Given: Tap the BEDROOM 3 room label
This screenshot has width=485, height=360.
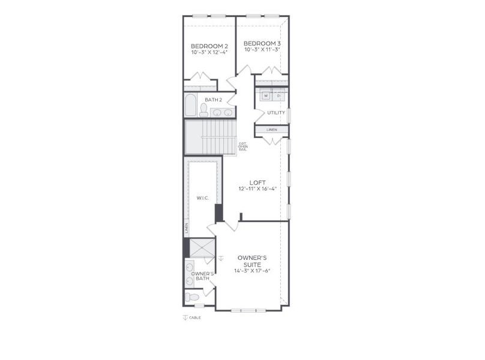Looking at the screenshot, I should coord(262,43).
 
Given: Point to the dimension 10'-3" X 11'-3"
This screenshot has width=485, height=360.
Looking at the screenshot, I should coord(262,50).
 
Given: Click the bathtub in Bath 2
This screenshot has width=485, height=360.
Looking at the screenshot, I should coord(190,105).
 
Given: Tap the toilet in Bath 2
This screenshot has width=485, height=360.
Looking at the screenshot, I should coord(203,110).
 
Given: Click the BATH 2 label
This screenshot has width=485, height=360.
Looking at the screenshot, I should coord(213,100).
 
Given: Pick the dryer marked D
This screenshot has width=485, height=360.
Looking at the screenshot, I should coord(279,95).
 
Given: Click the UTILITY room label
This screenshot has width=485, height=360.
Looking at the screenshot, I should coord(276,113).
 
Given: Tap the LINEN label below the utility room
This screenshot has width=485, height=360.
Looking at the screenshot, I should coord(272,130).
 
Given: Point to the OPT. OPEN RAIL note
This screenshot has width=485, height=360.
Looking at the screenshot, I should coord(242,146).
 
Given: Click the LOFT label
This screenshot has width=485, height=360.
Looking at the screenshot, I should coord(257,182).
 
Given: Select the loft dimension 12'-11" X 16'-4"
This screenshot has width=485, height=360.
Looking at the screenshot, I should coord(257,188).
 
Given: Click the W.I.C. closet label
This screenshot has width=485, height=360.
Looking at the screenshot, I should coord(202,198).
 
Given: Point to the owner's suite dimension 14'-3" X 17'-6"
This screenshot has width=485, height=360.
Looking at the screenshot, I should coord(252,271).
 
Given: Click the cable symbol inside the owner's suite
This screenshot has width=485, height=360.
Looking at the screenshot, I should coord(221,258).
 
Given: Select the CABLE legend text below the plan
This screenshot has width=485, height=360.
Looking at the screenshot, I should coord(195,318).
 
